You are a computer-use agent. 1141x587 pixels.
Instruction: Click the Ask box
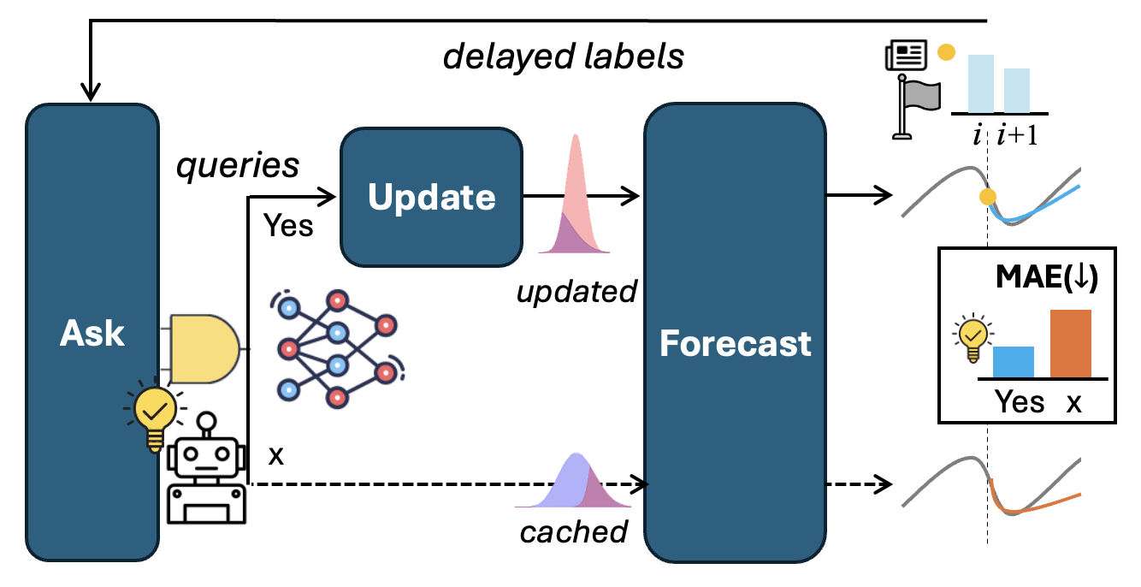(92, 334)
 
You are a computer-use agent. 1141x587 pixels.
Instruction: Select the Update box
(431, 198)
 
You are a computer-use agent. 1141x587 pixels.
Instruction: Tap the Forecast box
(735, 343)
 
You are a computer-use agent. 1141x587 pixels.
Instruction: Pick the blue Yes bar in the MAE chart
(1014, 361)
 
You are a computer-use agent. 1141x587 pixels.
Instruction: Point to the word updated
(576, 292)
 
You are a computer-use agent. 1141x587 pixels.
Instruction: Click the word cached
(574, 531)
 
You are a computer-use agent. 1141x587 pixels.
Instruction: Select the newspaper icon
(906, 56)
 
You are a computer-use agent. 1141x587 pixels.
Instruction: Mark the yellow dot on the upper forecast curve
(988, 198)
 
